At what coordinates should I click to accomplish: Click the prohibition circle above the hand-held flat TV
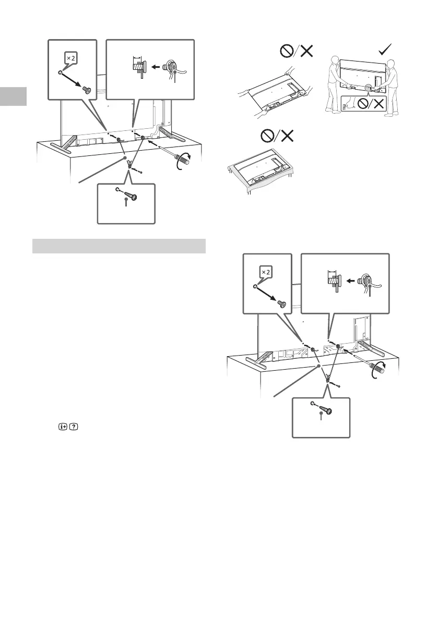286,51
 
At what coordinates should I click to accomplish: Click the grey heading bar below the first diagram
119,246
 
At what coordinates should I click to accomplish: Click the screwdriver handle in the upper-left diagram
184,157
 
